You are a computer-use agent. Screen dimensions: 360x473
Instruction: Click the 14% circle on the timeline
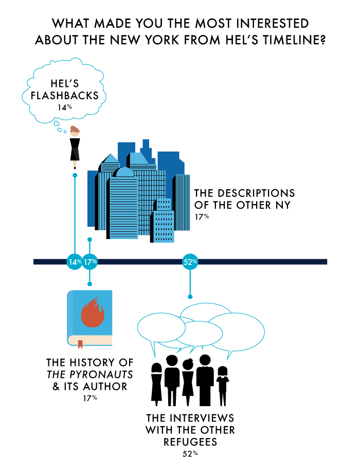75,262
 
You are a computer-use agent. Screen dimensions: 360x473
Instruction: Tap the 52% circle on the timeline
190,262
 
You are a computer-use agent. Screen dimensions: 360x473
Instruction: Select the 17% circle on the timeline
90,262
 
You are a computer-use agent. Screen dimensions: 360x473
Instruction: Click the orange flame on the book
93,312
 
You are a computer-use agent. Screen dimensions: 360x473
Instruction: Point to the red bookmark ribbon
80,344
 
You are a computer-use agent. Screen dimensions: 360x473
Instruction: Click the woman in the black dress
75,147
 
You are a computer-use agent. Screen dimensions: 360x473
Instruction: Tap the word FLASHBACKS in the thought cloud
65,96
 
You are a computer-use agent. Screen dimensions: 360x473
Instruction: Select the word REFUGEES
190,442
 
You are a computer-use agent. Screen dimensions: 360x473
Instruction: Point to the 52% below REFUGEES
190,453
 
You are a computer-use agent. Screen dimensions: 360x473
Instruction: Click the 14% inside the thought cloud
65,107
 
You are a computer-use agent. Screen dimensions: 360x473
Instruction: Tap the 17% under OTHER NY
202,216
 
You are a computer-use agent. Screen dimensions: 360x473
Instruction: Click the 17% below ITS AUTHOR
90,398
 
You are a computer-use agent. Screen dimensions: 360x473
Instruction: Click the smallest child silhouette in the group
222,386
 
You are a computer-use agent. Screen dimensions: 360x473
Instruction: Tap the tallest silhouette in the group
205,380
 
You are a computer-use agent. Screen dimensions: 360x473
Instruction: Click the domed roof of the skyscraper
124,172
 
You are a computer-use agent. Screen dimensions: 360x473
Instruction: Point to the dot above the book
89,284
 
